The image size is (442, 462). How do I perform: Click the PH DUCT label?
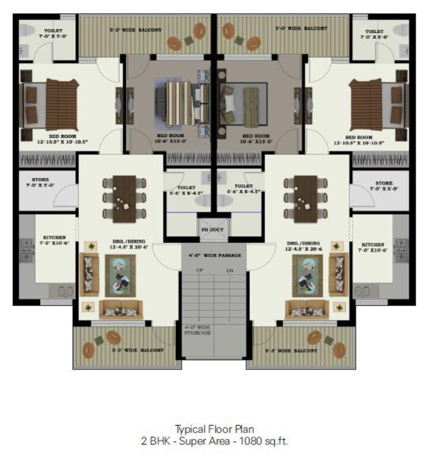[211, 229]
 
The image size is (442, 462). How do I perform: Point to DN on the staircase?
[230, 271]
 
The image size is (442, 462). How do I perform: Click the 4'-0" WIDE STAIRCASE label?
[198, 330]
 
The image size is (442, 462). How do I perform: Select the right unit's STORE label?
[384, 186]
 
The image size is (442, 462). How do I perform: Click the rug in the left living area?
[120, 276]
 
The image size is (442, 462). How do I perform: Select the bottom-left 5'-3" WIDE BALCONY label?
[136, 350]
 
